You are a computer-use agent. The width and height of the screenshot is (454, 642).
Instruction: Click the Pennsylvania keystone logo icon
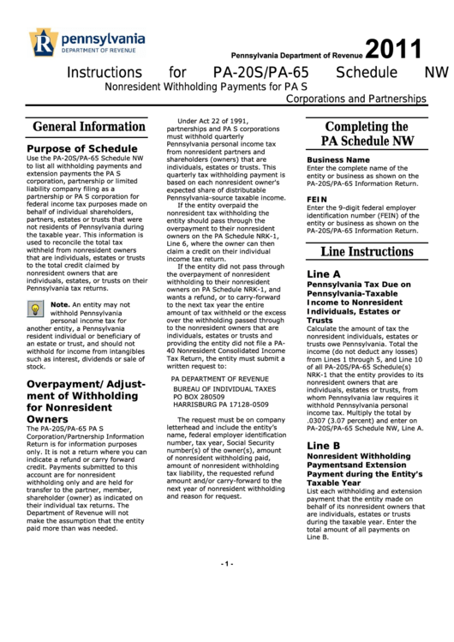[42, 41]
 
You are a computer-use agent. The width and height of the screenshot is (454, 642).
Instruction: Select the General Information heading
[89, 127]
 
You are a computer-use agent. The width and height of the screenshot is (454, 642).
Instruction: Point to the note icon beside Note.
[38, 310]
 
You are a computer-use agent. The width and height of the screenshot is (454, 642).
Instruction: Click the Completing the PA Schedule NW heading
[367, 134]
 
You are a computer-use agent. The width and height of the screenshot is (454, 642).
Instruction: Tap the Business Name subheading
[338, 159]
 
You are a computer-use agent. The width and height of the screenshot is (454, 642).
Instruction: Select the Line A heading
[324, 273]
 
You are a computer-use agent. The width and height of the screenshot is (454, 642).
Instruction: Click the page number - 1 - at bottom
[226, 611]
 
